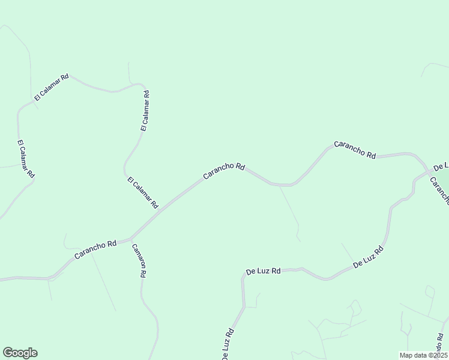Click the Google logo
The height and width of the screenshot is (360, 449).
tap(20, 353)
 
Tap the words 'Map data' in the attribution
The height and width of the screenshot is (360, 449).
tap(412, 355)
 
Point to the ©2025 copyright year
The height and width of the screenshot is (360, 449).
tap(437, 355)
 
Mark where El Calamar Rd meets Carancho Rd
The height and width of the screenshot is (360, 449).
tap(160, 211)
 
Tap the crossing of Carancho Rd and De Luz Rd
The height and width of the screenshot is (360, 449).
tap(430, 172)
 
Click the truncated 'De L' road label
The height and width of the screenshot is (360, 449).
tap(441, 166)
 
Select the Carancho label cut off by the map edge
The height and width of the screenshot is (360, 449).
tap(440, 191)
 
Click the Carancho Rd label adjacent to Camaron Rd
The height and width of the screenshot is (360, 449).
tap(95, 250)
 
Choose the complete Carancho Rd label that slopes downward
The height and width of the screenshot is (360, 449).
tap(354, 149)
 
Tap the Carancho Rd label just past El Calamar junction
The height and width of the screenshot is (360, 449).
tap(223, 171)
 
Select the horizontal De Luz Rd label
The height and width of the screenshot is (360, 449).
tap(263, 271)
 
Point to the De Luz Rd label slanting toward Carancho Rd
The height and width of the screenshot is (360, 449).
tap(368, 257)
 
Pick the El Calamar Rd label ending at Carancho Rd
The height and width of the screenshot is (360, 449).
tap(143, 193)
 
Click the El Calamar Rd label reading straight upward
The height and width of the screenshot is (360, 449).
tap(145, 111)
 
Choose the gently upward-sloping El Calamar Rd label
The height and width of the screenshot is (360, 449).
tap(52, 87)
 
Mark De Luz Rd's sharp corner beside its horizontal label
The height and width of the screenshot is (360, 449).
tap(243, 278)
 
